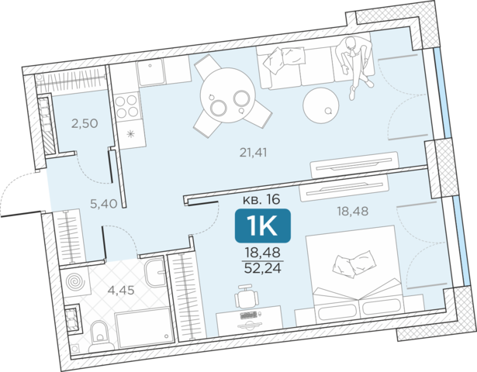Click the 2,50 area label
click(x=85, y=124)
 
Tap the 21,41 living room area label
click(x=254, y=152)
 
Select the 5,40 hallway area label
click(x=104, y=204)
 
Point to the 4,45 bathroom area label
click(x=121, y=291)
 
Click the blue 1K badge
click(x=262, y=226)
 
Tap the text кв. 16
click(x=261, y=200)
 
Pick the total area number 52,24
click(x=263, y=268)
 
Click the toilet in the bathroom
click(x=99, y=336)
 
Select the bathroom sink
click(x=154, y=272)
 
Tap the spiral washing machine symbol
click(x=74, y=281)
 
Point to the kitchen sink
click(x=151, y=72)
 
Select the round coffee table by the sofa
click(x=320, y=105)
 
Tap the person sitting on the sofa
click(x=355, y=66)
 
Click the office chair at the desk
click(x=247, y=296)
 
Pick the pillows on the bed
click(x=354, y=263)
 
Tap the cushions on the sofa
click(x=284, y=59)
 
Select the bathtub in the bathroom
click(x=143, y=329)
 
